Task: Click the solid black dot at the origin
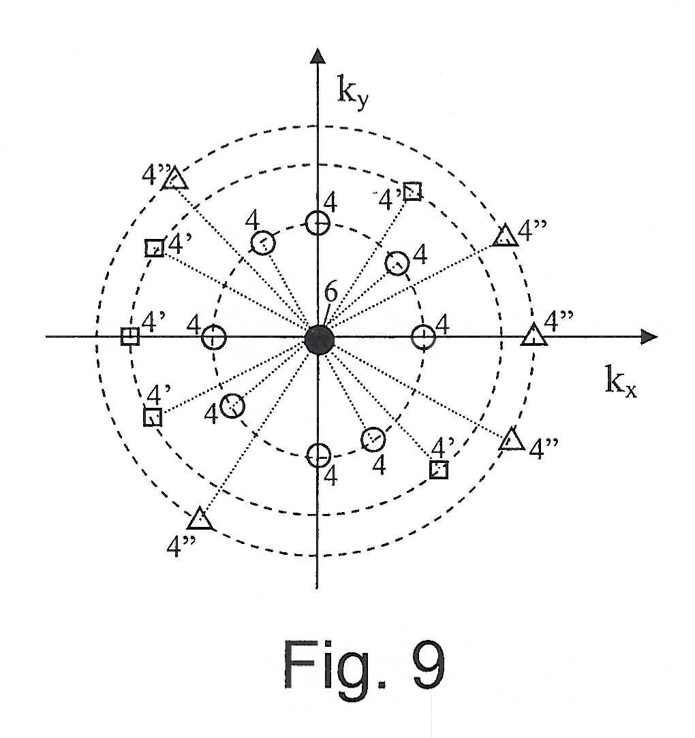(319, 339)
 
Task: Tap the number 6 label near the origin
(331, 292)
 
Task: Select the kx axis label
(621, 381)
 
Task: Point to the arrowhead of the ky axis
(318, 55)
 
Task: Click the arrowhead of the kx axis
(649, 337)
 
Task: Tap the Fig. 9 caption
(364, 664)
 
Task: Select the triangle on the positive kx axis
(534, 335)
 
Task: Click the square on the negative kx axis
(130, 336)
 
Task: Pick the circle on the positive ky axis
(318, 223)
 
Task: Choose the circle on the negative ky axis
(318, 455)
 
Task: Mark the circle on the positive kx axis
(424, 337)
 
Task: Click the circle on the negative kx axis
(214, 338)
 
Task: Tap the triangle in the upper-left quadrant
(175, 179)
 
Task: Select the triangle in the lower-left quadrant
(200, 519)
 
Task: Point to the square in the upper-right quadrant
(413, 191)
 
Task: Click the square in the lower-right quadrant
(439, 470)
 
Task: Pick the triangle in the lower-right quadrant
(512, 439)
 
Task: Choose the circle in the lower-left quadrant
(232, 406)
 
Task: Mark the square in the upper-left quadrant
(155, 248)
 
